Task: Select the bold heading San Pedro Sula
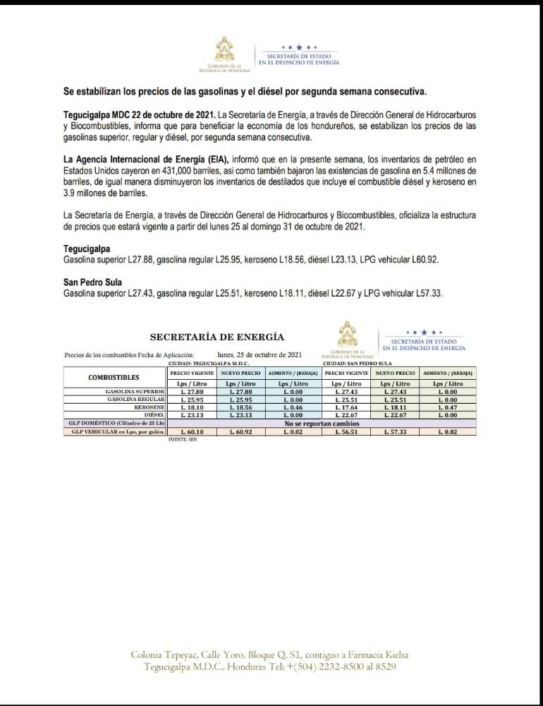point(92,282)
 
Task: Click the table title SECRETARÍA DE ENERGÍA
point(217,337)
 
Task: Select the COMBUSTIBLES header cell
point(114,378)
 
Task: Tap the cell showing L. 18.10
point(192,407)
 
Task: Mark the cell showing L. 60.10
point(192,431)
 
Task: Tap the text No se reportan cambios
point(321,423)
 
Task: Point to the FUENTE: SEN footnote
point(183,438)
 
